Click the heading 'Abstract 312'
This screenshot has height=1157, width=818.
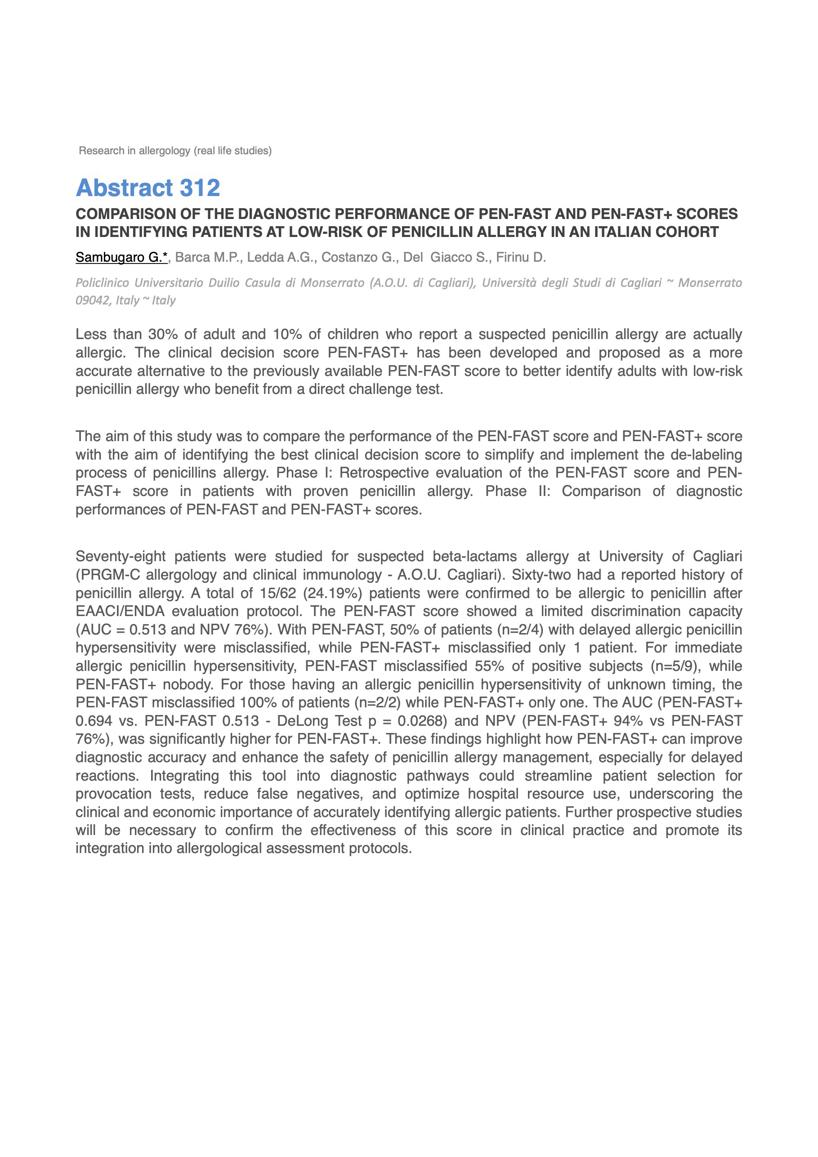(148, 188)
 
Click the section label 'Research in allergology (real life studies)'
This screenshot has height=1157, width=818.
(175, 151)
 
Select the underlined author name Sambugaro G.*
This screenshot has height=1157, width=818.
(121, 258)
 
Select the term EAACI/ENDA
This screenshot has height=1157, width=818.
(120, 611)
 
